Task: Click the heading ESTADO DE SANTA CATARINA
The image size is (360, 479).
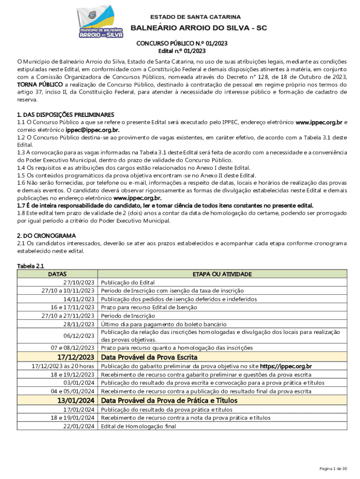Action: click(x=195, y=17)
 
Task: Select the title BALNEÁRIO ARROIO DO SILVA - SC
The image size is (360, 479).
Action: click(x=198, y=28)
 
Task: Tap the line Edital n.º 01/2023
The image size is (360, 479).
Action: click(x=182, y=51)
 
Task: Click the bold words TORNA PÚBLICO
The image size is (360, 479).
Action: click(x=40, y=85)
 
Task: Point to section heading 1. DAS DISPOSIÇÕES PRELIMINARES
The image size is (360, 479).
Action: click(x=65, y=115)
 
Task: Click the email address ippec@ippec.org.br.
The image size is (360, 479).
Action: click(x=93, y=130)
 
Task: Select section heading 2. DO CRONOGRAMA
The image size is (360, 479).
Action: click(x=46, y=236)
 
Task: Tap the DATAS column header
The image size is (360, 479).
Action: click(x=58, y=274)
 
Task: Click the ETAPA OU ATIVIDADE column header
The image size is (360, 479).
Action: click(x=223, y=274)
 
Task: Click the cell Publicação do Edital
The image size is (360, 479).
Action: click(x=128, y=283)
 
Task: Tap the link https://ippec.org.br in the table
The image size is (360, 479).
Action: click(x=286, y=366)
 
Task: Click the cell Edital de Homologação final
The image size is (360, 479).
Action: click(x=137, y=426)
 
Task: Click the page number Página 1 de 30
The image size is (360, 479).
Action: click(x=333, y=469)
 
